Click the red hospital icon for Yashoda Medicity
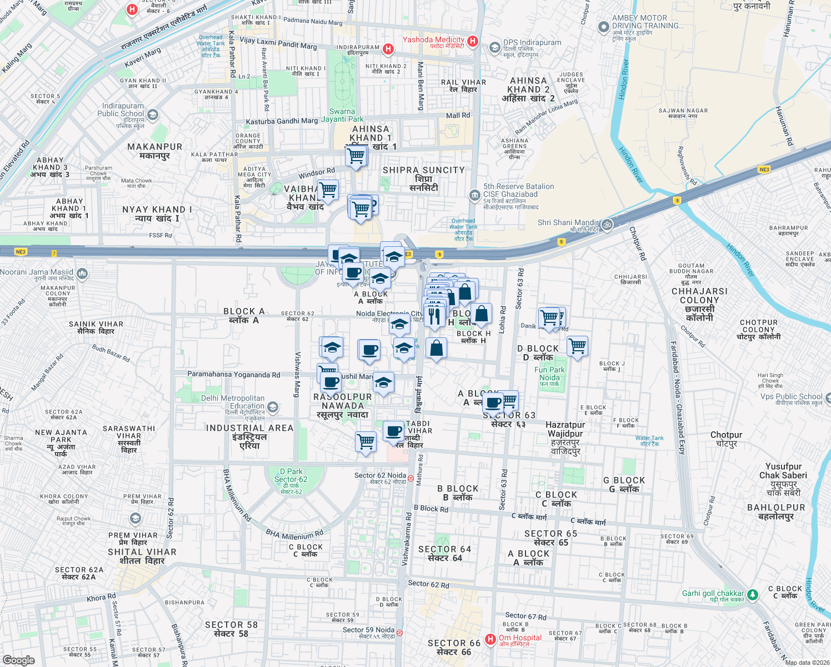(472, 41)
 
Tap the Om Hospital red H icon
(490, 639)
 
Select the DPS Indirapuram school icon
(494, 48)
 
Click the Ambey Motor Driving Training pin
(603, 27)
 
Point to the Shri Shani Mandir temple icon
(607, 225)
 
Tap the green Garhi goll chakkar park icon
(752, 595)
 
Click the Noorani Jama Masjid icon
(82, 273)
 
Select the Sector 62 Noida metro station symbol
(411, 477)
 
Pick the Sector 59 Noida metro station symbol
(399, 632)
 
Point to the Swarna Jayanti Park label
(342, 115)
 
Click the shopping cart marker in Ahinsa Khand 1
(356, 156)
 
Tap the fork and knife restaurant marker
(434, 316)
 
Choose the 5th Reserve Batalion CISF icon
(474, 195)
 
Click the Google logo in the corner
(19, 660)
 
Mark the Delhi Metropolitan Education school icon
(272, 407)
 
